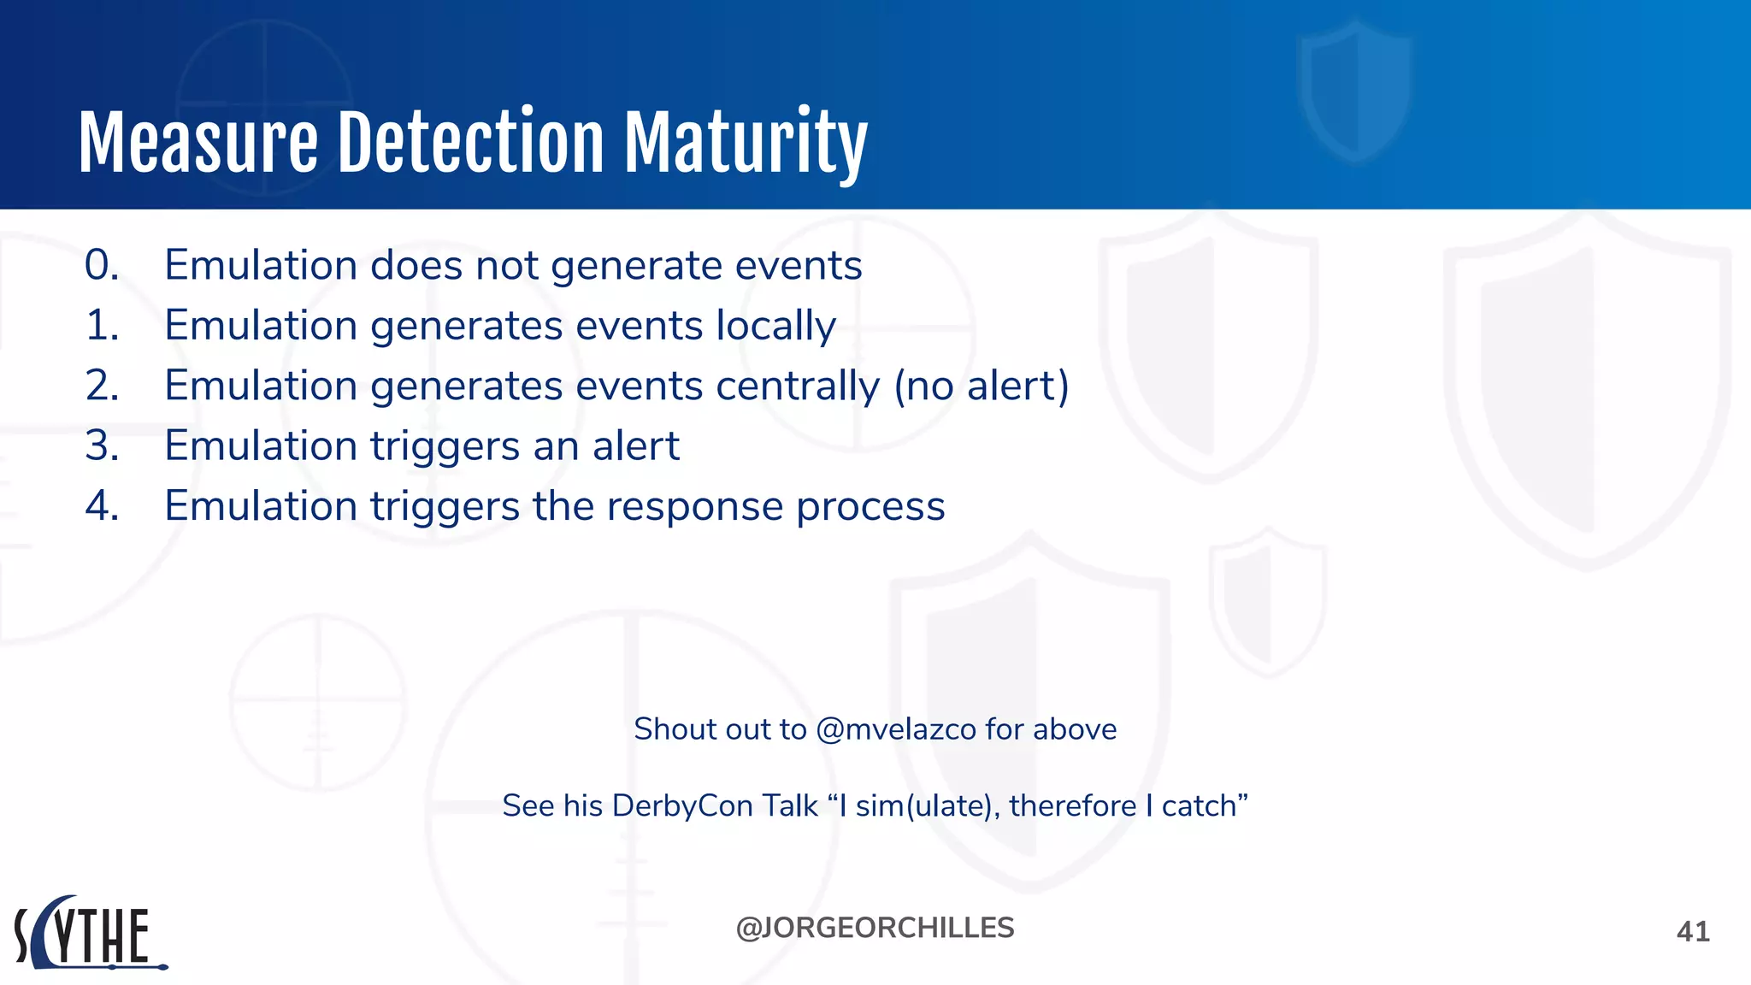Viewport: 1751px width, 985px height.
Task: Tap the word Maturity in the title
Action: (x=746, y=144)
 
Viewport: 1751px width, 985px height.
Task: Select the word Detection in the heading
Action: (x=471, y=142)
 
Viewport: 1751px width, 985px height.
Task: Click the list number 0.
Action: (x=102, y=265)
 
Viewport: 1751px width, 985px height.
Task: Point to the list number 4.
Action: (x=102, y=506)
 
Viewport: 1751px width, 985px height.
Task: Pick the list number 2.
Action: (x=102, y=386)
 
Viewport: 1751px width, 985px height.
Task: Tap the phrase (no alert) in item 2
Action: (x=982, y=386)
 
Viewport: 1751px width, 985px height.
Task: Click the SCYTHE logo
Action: (x=89, y=934)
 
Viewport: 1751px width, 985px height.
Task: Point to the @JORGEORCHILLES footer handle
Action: (x=875, y=928)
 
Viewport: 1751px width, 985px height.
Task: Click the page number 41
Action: (x=1693, y=931)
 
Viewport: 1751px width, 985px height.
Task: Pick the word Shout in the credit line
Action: (x=671, y=729)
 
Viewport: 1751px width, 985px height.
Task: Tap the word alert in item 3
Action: (x=636, y=445)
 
